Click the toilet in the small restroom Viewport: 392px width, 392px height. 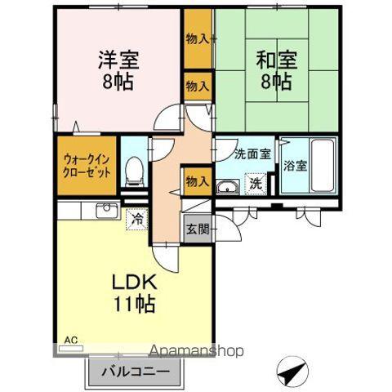[x=134, y=171]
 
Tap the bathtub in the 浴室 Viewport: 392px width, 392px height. [x=323, y=166]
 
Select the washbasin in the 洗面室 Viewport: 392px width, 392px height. [x=228, y=187]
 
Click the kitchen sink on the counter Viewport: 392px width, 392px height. [x=107, y=211]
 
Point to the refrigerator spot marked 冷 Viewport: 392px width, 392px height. [x=137, y=220]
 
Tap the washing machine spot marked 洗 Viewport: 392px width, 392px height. [x=256, y=184]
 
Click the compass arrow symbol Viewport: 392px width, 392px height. [x=292, y=371]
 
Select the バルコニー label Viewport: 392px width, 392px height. [x=136, y=372]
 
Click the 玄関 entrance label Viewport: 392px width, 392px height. [x=198, y=229]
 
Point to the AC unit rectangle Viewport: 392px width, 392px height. [x=71, y=348]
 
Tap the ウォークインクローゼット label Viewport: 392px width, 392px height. [x=87, y=166]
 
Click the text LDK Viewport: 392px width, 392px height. [x=135, y=282]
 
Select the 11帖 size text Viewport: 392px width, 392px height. [x=135, y=303]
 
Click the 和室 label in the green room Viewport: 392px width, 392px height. [x=276, y=60]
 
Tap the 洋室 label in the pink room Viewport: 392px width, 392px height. [x=118, y=60]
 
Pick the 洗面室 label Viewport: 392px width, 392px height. [x=252, y=154]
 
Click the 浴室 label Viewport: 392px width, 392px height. [x=296, y=166]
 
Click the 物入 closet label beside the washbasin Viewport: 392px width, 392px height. [x=198, y=181]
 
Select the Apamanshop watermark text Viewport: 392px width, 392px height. [x=197, y=351]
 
